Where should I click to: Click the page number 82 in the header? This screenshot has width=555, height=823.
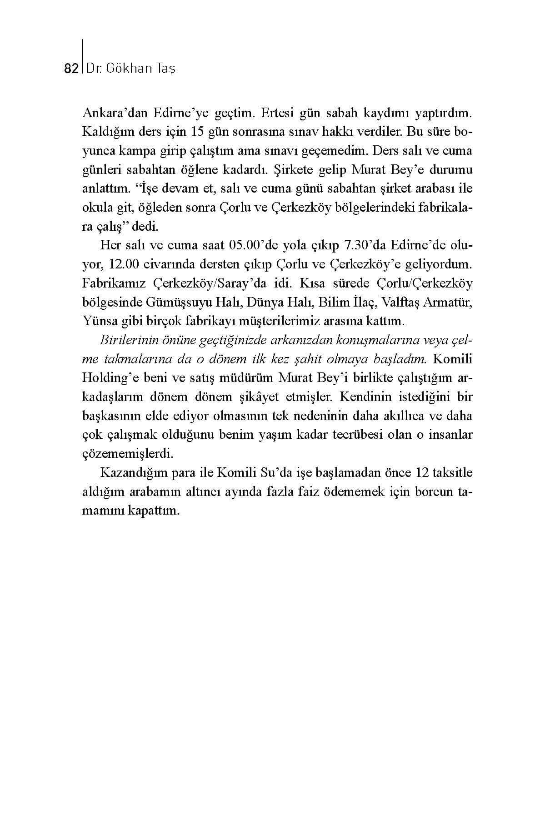pos(71,69)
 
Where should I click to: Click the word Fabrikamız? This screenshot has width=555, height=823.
pos(114,283)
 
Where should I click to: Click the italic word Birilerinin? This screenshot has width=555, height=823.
pos(126,340)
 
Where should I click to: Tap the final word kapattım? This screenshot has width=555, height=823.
pos(155,511)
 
